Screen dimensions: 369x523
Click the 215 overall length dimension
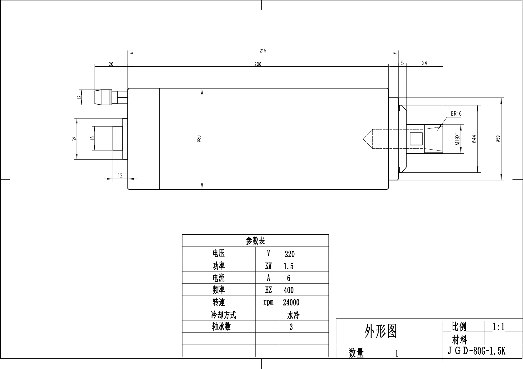(263, 51)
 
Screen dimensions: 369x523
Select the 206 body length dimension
(258, 64)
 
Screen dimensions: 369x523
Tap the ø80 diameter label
(199, 139)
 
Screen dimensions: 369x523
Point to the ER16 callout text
(456, 114)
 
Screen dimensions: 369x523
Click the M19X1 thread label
(457, 139)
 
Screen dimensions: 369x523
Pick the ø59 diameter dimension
(498, 139)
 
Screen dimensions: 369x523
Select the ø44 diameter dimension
(474, 139)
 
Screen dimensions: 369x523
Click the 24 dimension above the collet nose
(424, 63)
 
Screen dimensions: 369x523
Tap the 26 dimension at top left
(111, 64)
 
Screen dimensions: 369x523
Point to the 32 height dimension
(74, 139)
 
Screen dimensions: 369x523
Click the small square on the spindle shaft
(416, 138)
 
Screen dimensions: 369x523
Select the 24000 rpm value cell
(291, 302)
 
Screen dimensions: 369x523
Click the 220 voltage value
(289, 254)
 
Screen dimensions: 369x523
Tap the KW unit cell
(268, 266)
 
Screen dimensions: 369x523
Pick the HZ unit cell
(268, 290)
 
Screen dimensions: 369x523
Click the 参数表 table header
(255, 241)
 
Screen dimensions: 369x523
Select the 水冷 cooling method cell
(293, 315)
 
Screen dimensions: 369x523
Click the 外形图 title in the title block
(381, 331)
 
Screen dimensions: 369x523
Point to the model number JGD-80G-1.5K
(476, 351)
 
